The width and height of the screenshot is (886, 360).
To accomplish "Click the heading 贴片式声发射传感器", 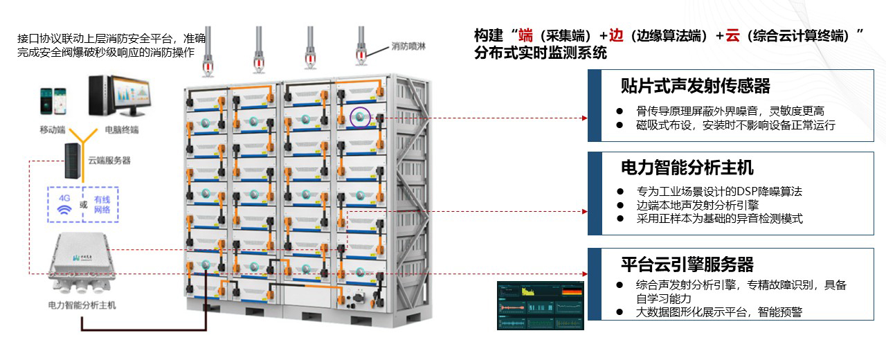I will [x=695, y=86].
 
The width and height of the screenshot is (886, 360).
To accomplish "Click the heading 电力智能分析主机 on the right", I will [x=687, y=168].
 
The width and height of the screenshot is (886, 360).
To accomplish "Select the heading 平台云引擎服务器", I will [x=687, y=264].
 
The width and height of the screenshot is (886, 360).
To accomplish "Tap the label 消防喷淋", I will [x=405, y=46].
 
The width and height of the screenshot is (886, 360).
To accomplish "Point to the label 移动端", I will [x=53, y=129].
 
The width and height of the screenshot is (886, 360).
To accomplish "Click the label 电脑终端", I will [x=122, y=129].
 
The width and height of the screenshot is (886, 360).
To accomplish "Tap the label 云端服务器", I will [x=109, y=161].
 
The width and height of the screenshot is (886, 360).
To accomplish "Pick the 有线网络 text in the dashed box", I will [x=102, y=204].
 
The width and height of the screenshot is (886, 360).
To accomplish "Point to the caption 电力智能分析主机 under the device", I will [x=82, y=305].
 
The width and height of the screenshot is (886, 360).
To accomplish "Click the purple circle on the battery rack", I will [x=360, y=117].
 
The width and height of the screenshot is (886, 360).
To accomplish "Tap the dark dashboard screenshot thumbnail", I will [x=541, y=305].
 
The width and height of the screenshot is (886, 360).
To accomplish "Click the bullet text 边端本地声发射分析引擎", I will [x=697, y=205].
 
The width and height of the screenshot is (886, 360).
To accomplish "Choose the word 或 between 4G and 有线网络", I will [x=83, y=205].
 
